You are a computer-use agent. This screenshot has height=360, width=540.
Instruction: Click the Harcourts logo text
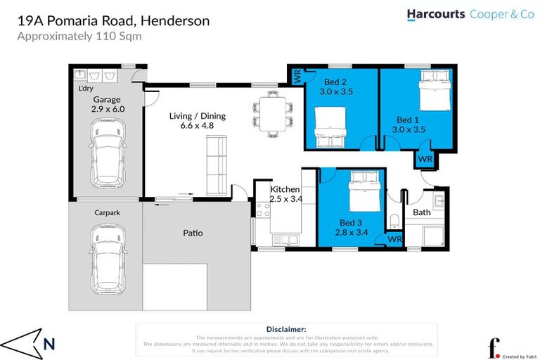click(x=436, y=14)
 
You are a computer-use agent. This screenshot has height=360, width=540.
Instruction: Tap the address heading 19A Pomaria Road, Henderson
click(x=113, y=21)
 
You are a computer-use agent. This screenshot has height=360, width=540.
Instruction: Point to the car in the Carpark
click(x=107, y=250)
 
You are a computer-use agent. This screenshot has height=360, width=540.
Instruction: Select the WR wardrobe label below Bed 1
click(x=425, y=160)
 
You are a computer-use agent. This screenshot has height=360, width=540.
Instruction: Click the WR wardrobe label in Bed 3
click(x=394, y=239)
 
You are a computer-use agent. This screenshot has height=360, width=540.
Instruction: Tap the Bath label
click(x=422, y=212)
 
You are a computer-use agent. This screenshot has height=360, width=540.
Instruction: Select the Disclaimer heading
click(x=286, y=329)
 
